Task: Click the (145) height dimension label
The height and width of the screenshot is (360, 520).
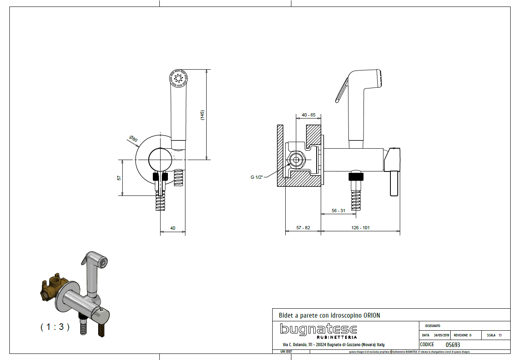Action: tap(203, 115)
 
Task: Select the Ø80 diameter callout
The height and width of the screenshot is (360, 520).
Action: tap(133, 138)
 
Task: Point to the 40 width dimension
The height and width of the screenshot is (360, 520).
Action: tap(173, 228)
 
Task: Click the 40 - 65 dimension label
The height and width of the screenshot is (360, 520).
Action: tap(308, 115)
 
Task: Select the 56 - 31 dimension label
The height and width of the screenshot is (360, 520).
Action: tap(338, 211)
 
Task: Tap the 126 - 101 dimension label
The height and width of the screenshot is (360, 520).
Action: tap(360, 228)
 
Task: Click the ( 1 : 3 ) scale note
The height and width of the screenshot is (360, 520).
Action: tap(55, 327)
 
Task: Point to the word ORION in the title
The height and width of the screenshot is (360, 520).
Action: tap(372, 316)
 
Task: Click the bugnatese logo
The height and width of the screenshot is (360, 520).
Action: tap(318, 330)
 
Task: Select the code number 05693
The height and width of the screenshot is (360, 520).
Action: tap(453, 345)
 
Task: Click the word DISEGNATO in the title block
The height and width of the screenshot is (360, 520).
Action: tap(432, 326)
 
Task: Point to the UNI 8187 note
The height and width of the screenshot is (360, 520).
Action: tap(286, 351)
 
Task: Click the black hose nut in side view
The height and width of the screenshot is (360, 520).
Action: tap(356, 177)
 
